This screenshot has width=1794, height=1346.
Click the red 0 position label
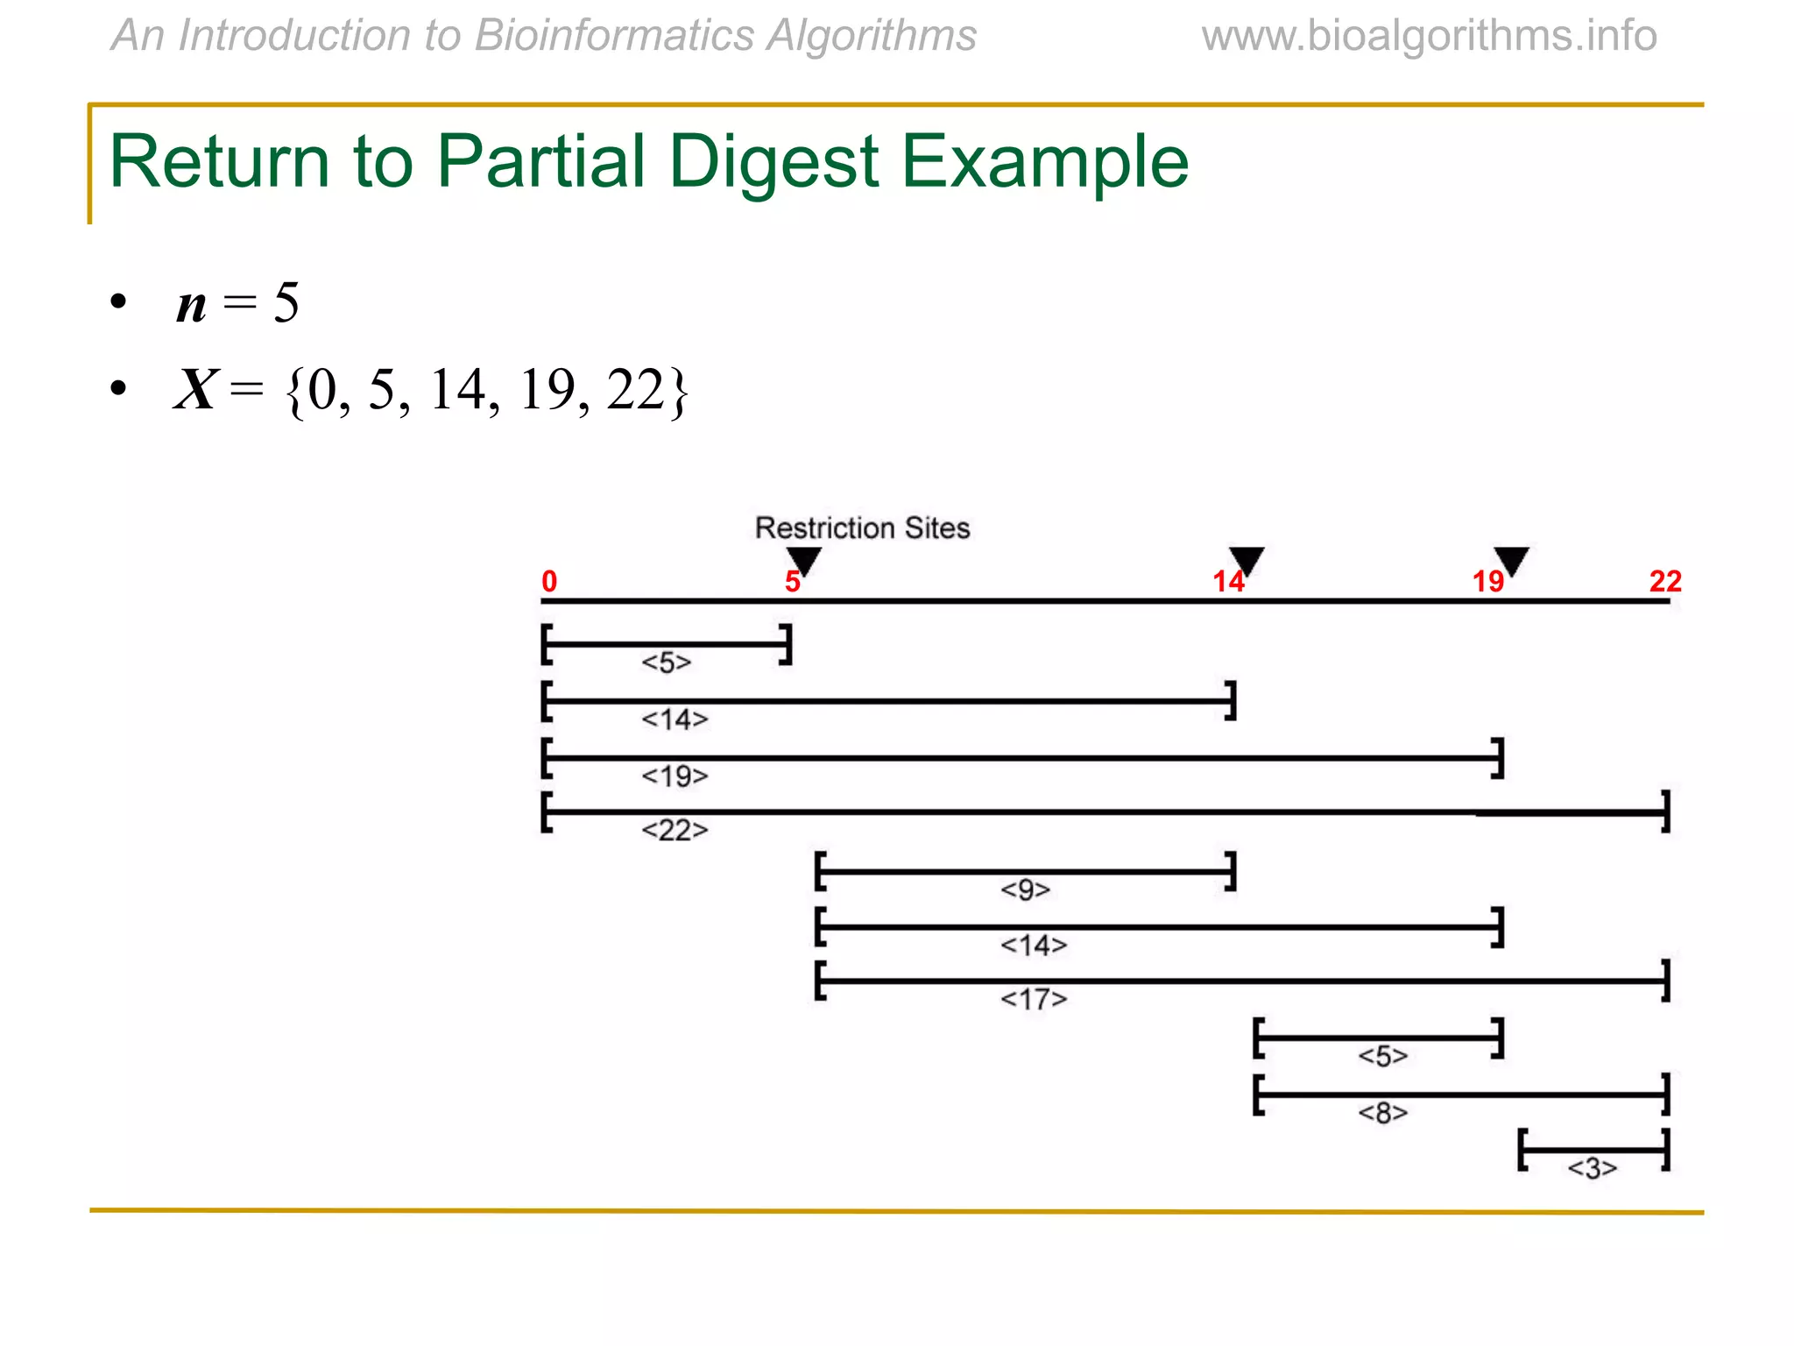pyautogui.click(x=549, y=581)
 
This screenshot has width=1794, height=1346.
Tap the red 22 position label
pyautogui.click(x=1665, y=581)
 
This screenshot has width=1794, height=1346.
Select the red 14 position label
pyautogui.click(x=1228, y=581)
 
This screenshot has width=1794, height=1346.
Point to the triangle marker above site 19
pyautogui.click(x=1511, y=560)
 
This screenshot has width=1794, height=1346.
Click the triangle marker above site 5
pyautogui.click(x=803, y=560)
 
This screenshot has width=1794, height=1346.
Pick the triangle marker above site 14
pyautogui.click(x=1247, y=560)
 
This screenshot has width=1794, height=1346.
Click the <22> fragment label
pyautogui.click(x=675, y=829)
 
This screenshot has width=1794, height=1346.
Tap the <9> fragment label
pyautogui.click(x=1026, y=889)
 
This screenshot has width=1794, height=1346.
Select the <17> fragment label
pyautogui.click(x=1034, y=999)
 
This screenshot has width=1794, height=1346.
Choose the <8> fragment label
pyautogui.click(x=1383, y=1113)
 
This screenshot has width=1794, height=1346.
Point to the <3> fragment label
pyautogui.click(x=1593, y=1168)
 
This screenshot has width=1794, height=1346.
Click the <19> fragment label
pyautogui.click(x=675, y=776)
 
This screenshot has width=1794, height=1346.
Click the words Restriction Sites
pyautogui.click(x=863, y=528)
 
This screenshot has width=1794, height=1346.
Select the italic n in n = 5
pyautogui.click(x=192, y=304)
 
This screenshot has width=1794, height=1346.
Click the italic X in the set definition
pyautogui.click(x=194, y=389)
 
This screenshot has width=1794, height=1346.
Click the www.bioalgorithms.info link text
pyautogui.click(x=1430, y=36)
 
